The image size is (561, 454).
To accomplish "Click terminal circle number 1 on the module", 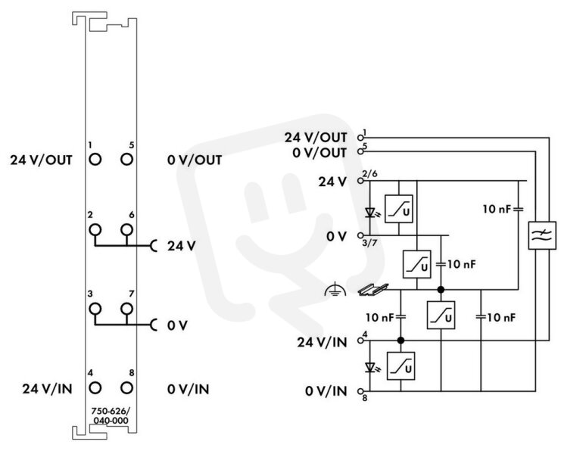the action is tap(95, 159).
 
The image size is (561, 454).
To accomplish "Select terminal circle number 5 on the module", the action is tap(126, 159).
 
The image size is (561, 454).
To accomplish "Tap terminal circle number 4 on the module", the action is tap(95, 387).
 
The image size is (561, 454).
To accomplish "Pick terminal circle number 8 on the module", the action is tap(126, 387).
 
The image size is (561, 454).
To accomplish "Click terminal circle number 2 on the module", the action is tap(95, 229).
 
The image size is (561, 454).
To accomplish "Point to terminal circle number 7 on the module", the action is tap(126, 308).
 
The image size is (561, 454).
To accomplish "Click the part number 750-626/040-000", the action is tap(111, 415).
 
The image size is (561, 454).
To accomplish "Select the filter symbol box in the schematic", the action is tap(542, 235).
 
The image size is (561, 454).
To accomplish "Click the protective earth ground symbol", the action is tap(335, 290).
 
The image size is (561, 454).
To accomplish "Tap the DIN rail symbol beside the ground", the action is tap(373, 289).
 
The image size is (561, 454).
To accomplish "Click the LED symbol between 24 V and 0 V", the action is tap(371, 213).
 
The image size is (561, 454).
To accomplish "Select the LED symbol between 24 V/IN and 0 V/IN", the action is tap(371, 368).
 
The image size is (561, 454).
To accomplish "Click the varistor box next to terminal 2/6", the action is tap(398, 209).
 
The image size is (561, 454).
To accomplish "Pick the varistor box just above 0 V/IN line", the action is tap(400, 366).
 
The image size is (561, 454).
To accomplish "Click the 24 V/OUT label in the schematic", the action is tap(316, 138).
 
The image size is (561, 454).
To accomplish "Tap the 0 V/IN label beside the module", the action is tap(189, 389).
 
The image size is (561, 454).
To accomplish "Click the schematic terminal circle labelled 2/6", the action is tap(360, 181).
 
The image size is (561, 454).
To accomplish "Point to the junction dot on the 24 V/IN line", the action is tap(400, 340).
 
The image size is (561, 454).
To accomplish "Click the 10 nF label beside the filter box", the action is tap(497, 209).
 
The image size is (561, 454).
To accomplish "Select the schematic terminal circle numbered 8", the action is tap(360, 391).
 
